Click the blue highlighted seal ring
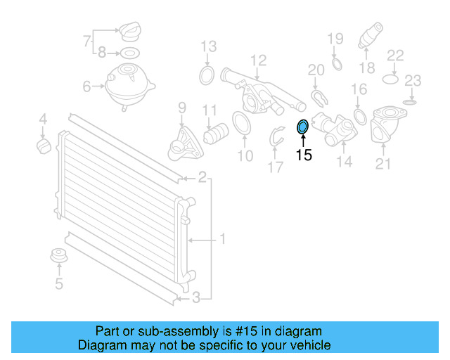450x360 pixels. pyautogui.click(x=303, y=127)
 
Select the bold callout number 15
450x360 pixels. pyautogui.click(x=303, y=155)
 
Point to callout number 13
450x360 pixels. pyautogui.click(x=208, y=47)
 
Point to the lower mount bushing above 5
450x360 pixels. pyautogui.click(x=58, y=257)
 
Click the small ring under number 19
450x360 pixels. pyautogui.click(x=336, y=65)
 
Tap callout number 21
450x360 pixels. pyautogui.click(x=382, y=165)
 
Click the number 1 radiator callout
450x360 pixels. pyautogui.click(x=222, y=240)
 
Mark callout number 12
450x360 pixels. pyautogui.click(x=258, y=60)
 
